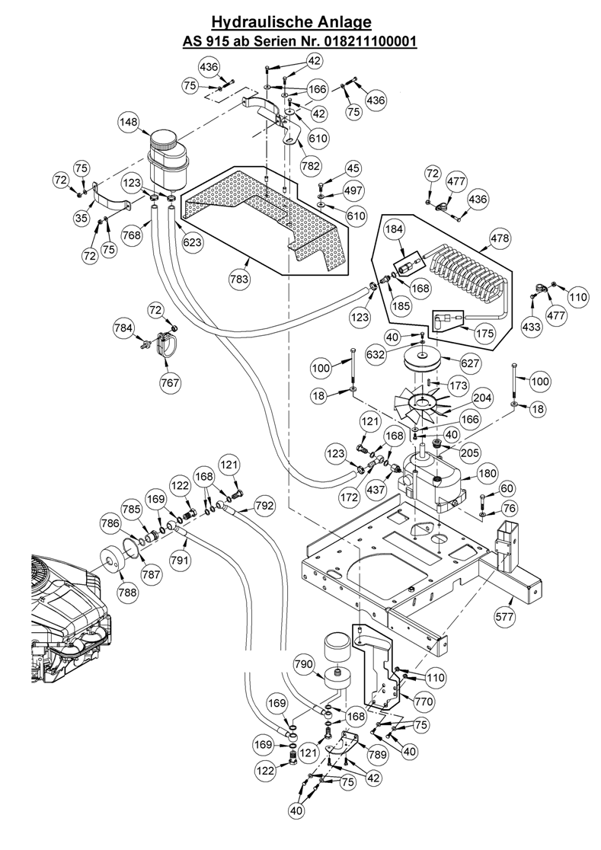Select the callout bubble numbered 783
point(240,280)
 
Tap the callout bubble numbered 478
point(500,239)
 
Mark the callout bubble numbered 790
point(303,664)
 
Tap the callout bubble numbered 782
point(310,165)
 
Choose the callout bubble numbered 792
point(264,505)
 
